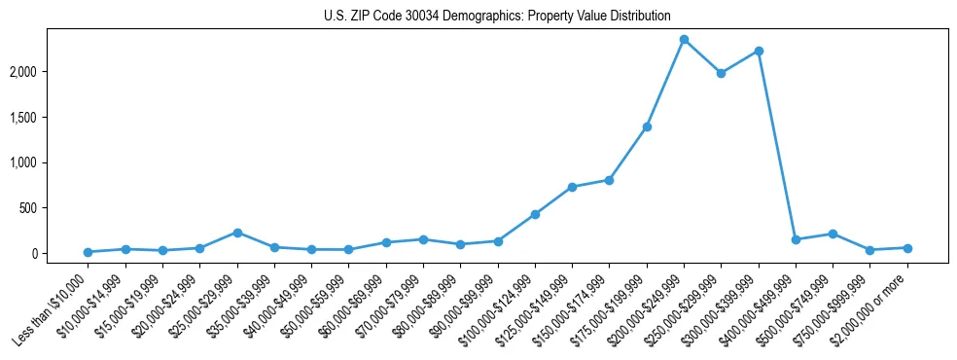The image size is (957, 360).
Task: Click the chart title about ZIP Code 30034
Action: [497, 17]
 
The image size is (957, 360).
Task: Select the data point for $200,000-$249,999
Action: [684, 40]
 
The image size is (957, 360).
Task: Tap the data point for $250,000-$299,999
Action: [721, 73]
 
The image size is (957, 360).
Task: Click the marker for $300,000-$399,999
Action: [759, 51]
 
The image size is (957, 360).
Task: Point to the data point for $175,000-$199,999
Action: [647, 126]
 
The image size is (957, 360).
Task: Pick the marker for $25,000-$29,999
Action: [237, 233]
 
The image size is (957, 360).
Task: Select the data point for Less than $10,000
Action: [89, 252]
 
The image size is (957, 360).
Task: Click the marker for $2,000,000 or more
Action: [907, 248]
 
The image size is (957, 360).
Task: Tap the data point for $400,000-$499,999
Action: [796, 239]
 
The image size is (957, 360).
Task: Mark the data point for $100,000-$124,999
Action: [535, 214]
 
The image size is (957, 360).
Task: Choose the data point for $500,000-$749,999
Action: [833, 234]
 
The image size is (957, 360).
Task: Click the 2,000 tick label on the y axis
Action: [51, 72]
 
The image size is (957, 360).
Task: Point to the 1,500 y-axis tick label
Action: [51, 118]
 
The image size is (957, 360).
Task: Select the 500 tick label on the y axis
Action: [56, 208]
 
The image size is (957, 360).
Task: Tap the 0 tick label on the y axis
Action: [62, 253]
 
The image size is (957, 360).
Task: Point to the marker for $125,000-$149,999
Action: [572, 187]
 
